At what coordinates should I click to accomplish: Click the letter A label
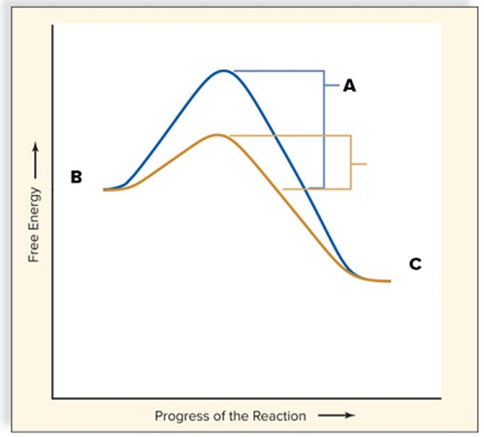pyautogui.click(x=350, y=86)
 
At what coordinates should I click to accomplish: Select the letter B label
pyautogui.click(x=76, y=177)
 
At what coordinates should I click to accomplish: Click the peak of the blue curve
pyautogui.click(x=224, y=71)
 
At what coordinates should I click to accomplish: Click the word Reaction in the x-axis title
pyautogui.click(x=281, y=416)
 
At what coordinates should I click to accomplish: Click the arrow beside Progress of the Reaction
pyautogui.click(x=336, y=416)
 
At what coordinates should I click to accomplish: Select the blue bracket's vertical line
pyautogui.click(x=324, y=129)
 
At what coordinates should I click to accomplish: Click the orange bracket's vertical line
pyautogui.click(x=350, y=162)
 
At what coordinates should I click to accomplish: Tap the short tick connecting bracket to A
pyautogui.click(x=331, y=86)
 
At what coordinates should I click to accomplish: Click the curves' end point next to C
pyautogui.click(x=387, y=281)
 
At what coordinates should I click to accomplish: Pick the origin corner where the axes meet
pyautogui.click(x=52, y=399)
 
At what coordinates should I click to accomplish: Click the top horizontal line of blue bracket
pyautogui.click(x=279, y=71)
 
